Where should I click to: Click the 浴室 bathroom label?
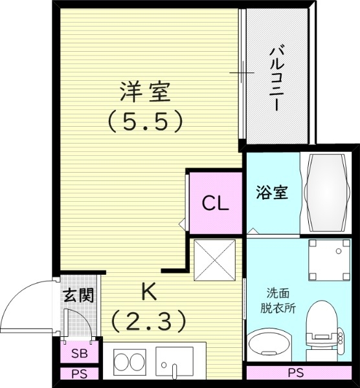coord(271,193)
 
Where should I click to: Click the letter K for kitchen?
coord(148,292)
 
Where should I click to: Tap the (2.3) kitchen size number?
coord(148,319)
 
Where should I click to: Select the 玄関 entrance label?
coord(78,296)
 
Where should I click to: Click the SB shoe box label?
coord(80,354)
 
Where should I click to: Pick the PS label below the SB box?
coord(80,374)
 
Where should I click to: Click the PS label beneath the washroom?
coord(295,372)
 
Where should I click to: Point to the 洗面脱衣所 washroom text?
coord(279,301)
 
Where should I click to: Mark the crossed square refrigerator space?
coord(215,260)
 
